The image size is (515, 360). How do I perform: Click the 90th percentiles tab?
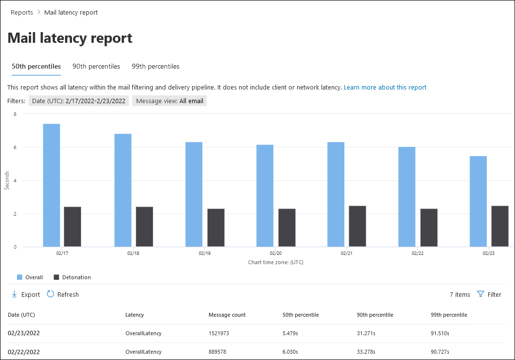click(96, 66)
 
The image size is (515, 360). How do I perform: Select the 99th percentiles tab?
click(156, 66)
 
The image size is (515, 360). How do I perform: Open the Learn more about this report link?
click(385, 88)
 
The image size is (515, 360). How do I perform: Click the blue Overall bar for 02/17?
click(52, 185)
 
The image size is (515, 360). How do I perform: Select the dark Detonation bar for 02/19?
click(216, 228)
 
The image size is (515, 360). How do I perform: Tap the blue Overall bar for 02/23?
click(478, 201)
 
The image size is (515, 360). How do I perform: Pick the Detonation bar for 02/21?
click(357, 226)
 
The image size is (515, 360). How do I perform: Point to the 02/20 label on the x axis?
click(276, 253)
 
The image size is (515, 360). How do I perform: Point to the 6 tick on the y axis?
click(15, 147)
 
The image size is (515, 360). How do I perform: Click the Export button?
click(26, 294)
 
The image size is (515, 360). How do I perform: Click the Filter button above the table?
click(489, 294)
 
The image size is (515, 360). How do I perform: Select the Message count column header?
click(227, 315)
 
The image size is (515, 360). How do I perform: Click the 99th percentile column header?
click(449, 315)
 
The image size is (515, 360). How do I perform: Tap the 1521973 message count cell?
click(221, 333)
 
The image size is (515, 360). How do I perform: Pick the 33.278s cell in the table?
click(368, 352)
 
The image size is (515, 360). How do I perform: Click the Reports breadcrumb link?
click(22, 13)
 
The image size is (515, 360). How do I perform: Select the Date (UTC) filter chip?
click(78, 101)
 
